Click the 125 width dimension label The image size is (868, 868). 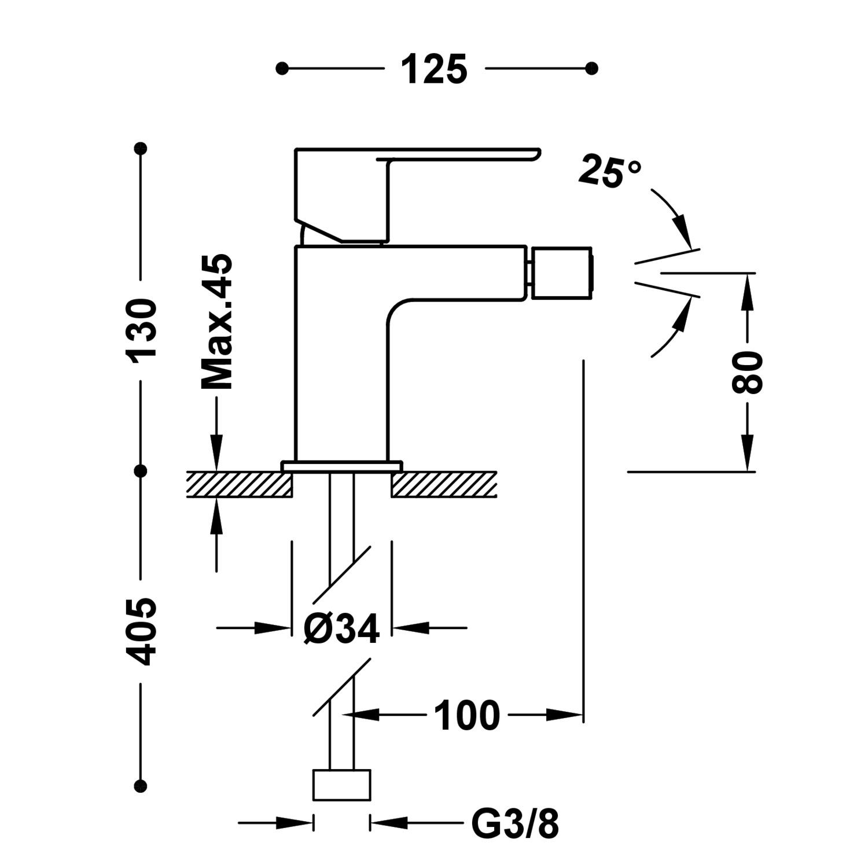[x=434, y=69]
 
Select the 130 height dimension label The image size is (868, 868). [x=142, y=330]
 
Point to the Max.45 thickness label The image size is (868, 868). [x=217, y=322]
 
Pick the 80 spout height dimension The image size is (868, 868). [x=748, y=372]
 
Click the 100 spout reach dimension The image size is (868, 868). [x=466, y=716]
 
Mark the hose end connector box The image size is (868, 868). [x=341, y=785]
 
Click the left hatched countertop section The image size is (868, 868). [x=239, y=484]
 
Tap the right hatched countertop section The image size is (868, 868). [x=444, y=484]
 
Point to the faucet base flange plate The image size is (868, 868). [x=341, y=466]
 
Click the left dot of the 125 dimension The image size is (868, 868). [x=282, y=69]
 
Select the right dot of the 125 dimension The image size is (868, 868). [x=591, y=69]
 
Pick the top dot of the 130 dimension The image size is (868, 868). [x=141, y=149]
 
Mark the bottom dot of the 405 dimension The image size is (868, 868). [x=141, y=786]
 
